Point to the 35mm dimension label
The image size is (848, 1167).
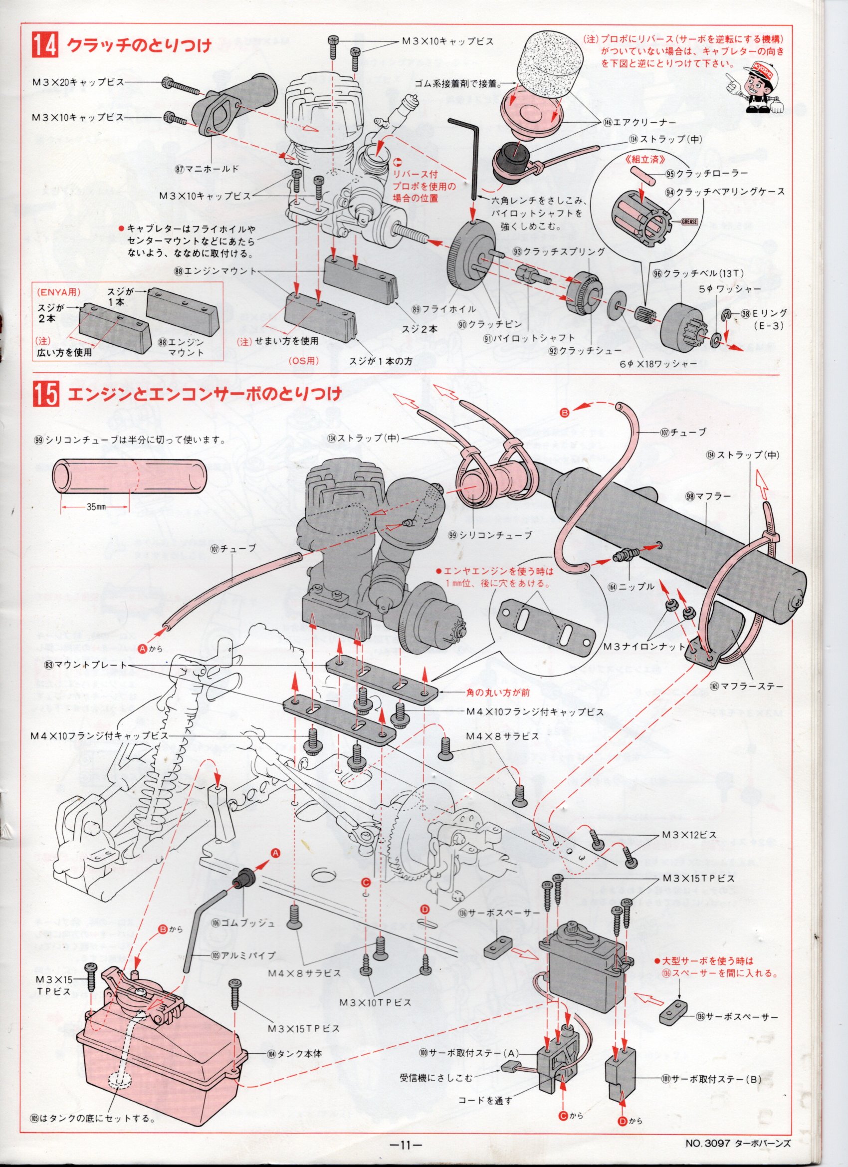click(94, 507)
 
